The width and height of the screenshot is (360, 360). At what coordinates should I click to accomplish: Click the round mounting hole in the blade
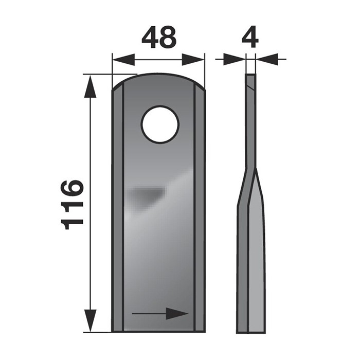pos(160,124)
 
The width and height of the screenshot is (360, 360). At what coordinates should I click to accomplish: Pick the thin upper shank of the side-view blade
pos(250,123)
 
